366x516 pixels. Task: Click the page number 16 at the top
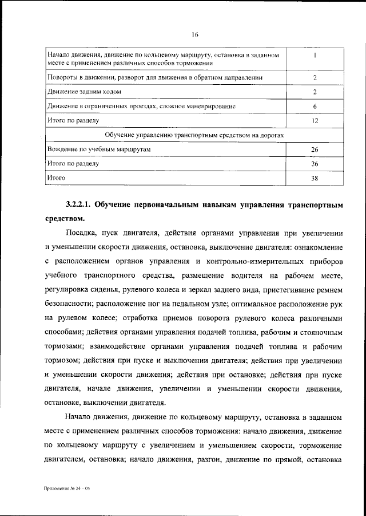(x=195, y=35)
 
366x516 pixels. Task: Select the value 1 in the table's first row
(x=315, y=56)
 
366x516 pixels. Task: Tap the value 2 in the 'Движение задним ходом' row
(x=315, y=92)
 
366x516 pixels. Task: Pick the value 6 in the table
(x=315, y=107)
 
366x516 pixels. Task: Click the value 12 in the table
(x=315, y=121)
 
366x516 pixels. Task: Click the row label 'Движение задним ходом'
(x=84, y=92)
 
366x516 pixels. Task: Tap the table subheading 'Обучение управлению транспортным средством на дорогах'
(x=195, y=135)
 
